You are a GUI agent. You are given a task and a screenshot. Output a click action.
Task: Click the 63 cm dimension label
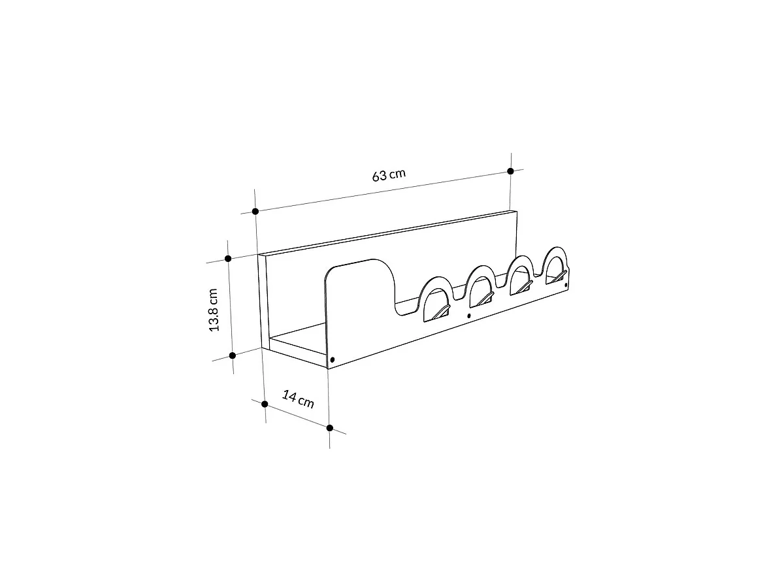pyautogui.click(x=389, y=175)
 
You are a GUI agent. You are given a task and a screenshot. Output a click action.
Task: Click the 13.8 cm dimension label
pyautogui.click(x=214, y=310)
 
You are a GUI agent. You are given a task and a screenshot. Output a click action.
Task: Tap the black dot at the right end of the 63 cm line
pyautogui.click(x=510, y=171)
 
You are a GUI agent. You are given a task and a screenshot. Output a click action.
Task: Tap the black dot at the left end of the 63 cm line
pyautogui.click(x=255, y=211)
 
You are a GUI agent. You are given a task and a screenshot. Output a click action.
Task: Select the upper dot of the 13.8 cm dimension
pyautogui.click(x=228, y=259)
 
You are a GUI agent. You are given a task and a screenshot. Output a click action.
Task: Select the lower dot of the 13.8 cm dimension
pyautogui.click(x=233, y=355)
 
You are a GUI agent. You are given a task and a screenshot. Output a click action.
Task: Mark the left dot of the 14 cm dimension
pyautogui.click(x=265, y=404)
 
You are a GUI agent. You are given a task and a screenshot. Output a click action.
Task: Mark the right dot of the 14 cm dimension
pyautogui.click(x=329, y=429)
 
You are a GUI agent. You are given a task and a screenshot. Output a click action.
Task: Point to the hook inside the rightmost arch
pyautogui.click(x=557, y=278)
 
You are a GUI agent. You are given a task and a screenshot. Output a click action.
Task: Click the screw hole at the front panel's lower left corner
pyautogui.click(x=333, y=359)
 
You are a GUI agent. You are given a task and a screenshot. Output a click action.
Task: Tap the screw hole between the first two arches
pyautogui.click(x=469, y=316)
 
